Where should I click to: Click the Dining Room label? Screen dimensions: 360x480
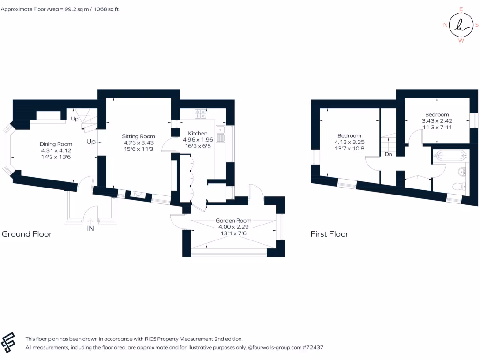pos(56,144)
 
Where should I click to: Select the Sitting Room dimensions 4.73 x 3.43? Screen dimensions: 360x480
pos(139,142)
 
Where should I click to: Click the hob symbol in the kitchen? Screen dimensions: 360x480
pos(201,113)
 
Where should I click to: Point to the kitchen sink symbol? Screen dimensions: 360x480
pos(221,134)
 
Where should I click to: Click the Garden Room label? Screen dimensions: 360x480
pos(233,220)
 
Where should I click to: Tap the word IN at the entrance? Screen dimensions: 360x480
pos(90,229)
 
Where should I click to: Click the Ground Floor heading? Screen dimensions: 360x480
pos(27,234)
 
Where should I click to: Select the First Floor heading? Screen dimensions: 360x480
pos(330,234)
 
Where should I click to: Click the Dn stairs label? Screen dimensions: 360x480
pos(388,154)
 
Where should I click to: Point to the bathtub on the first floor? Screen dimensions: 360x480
pos(449,155)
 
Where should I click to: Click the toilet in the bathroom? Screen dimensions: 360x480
pos(458,186)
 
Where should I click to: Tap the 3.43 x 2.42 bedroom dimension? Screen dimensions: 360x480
pos(437,120)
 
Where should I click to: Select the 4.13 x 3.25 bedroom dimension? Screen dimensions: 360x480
pos(349,142)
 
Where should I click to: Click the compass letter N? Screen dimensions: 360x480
pos(445,25)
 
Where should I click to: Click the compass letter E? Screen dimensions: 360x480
pos(461,9)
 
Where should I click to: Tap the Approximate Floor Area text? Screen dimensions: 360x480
pos(60,9)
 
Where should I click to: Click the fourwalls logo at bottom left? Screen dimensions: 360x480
pos(8,342)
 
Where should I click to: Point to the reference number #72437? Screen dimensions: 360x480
pos(314,348)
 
